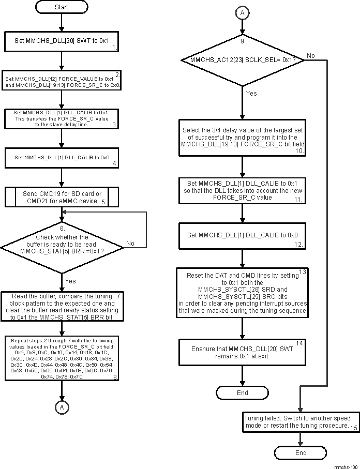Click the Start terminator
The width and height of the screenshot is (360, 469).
[61, 7]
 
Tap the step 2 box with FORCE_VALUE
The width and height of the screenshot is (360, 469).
[62, 80]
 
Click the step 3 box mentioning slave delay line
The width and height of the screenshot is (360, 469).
[62, 118]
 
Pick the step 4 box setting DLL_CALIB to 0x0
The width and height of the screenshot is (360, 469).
[62, 157]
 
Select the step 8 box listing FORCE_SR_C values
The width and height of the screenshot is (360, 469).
[62, 358]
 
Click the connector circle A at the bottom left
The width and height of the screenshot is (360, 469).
[62, 407]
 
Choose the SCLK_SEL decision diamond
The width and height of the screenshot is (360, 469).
[242, 60]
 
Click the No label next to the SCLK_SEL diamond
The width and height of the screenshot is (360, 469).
[310, 55]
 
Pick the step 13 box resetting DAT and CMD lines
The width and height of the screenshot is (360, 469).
[242, 293]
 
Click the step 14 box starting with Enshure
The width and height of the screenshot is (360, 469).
[242, 353]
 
